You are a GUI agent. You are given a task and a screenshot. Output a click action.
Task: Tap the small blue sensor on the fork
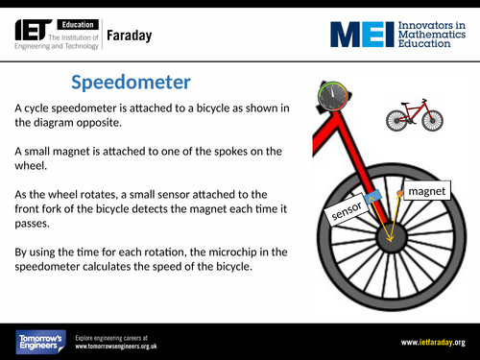tap(373, 198)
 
